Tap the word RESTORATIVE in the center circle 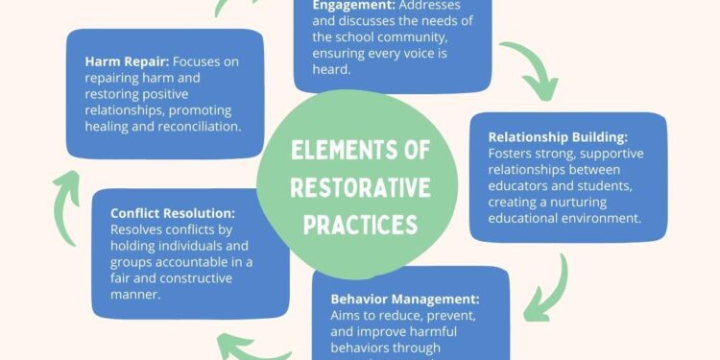coord(359,186)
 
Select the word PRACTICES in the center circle coord(359,224)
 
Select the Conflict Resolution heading coord(174,213)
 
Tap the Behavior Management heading coord(405,298)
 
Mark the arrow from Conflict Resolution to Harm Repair coord(65,197)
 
